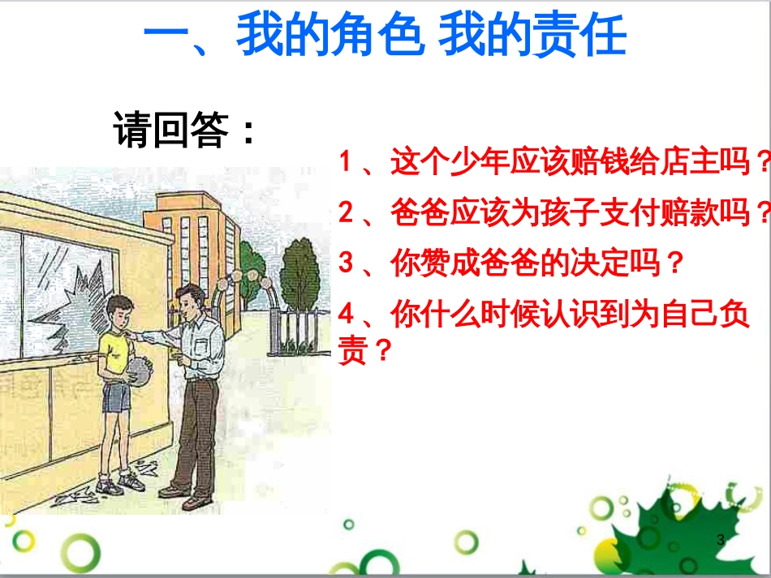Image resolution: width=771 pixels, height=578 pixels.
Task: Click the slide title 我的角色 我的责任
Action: point(385,36)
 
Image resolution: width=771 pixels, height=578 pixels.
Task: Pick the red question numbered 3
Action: point(511,263)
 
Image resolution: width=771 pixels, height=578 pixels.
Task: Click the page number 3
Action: point(720,539)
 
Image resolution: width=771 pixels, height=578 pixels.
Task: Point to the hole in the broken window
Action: point(81,280)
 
